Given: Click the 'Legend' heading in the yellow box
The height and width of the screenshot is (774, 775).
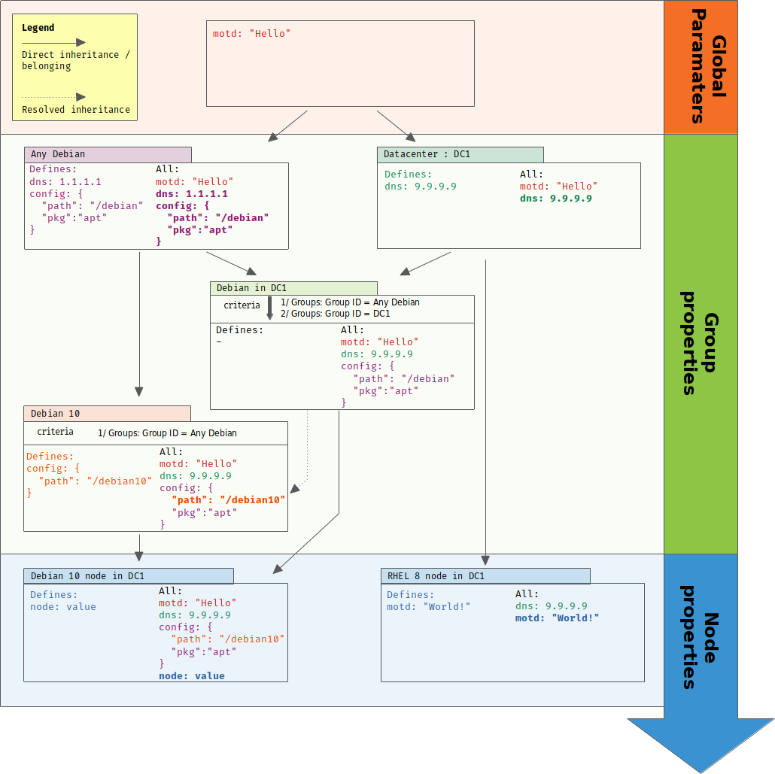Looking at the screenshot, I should point(38,28).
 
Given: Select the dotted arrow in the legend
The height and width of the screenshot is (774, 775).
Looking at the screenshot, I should point(53,97).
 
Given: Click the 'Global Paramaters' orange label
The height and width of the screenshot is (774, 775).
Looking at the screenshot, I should point(701,68).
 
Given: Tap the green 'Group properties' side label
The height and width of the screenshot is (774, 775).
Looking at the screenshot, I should point(701,343).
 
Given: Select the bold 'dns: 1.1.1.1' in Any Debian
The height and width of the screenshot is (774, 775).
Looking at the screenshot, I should point(191,193).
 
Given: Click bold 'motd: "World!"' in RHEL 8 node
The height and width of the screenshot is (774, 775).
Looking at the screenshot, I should point(557,618).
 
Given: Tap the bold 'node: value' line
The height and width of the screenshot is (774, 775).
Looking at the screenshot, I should point(191,676).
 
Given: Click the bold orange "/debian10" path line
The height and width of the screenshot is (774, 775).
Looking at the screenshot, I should point(228,500).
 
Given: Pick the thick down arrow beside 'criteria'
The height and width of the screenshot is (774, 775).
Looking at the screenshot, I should point(270,308).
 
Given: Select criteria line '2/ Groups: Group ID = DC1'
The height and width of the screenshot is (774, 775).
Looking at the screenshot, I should point(335,313).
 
